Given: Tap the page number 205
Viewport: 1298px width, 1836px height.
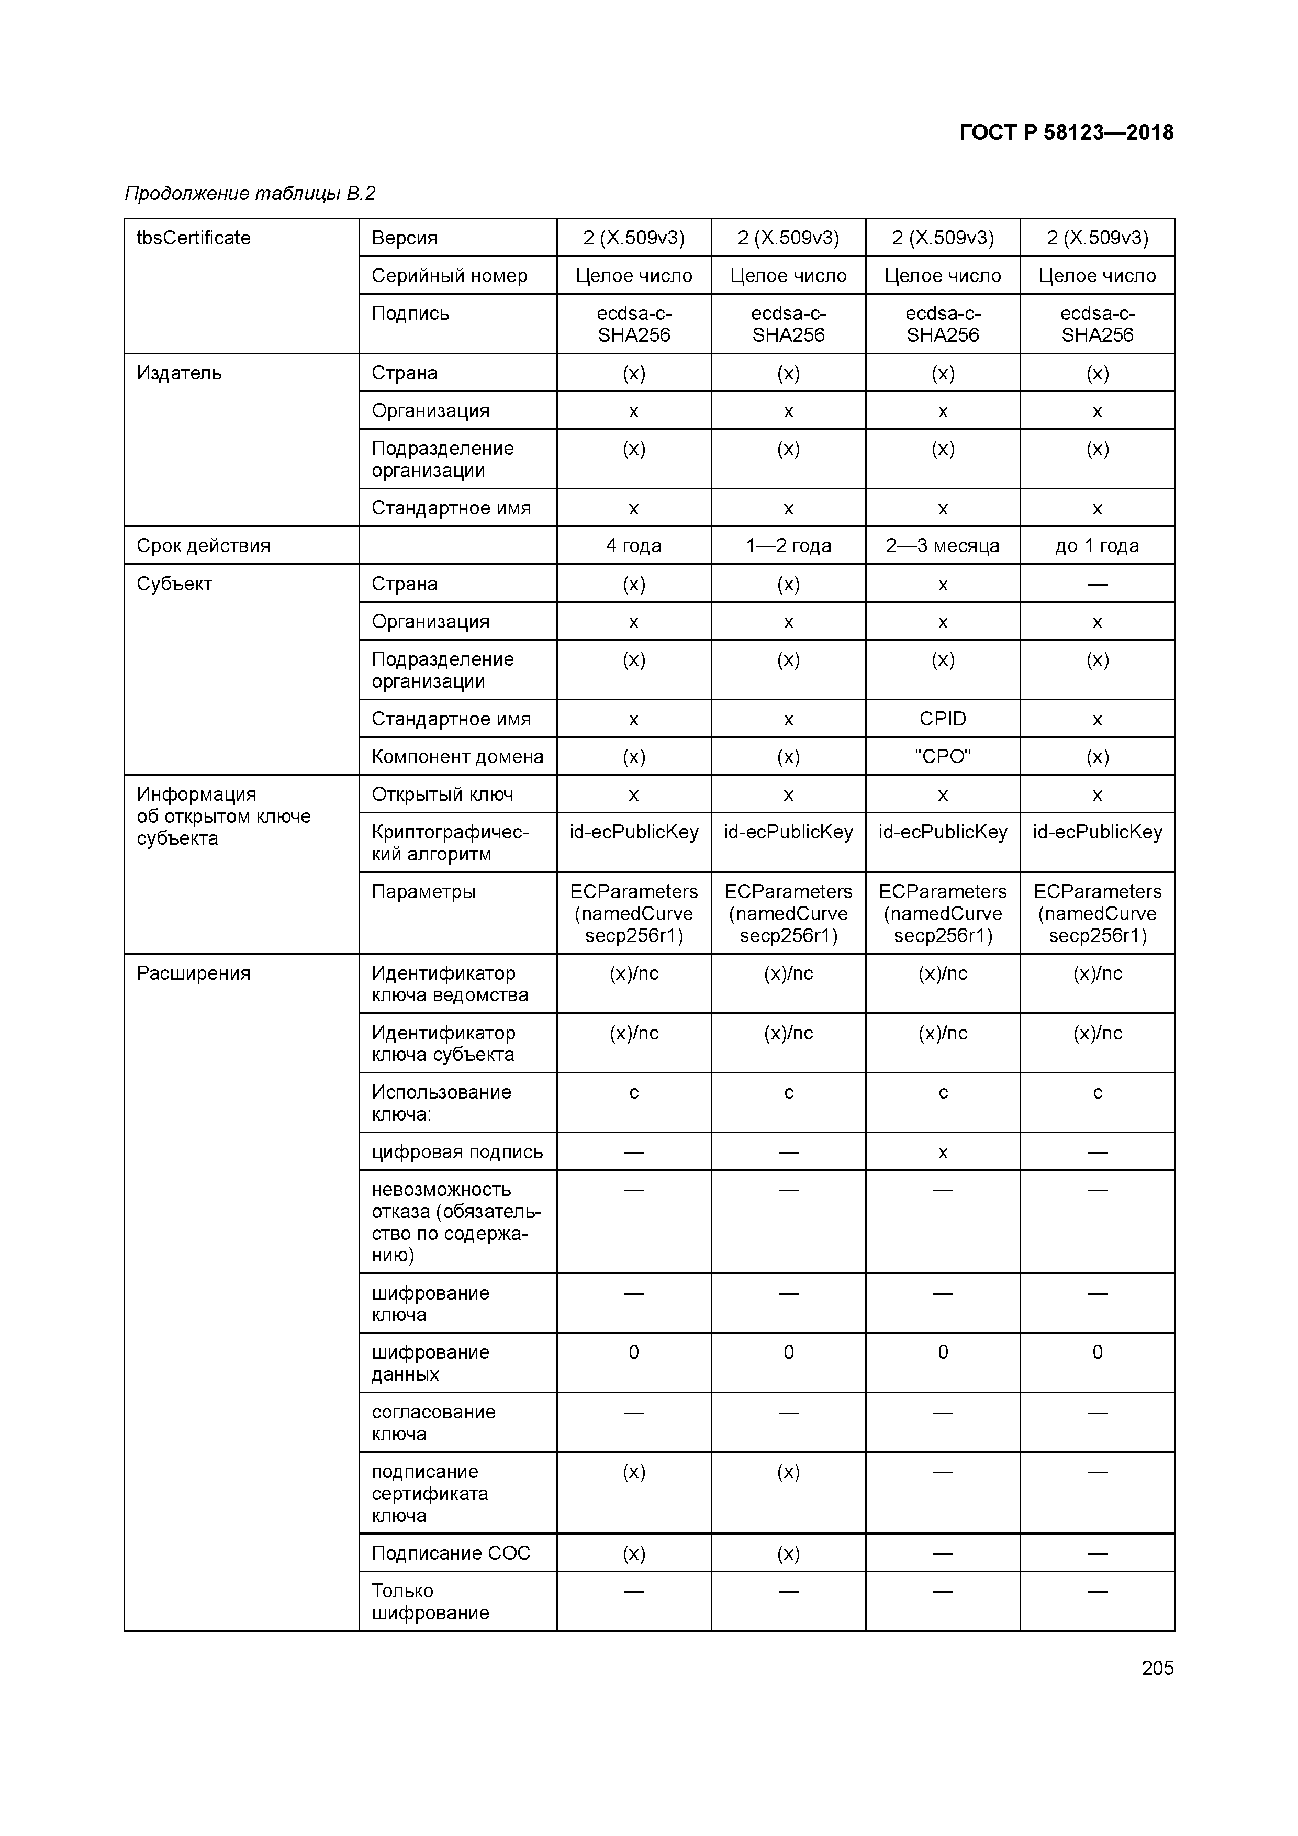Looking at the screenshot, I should (x=1157, y=1667).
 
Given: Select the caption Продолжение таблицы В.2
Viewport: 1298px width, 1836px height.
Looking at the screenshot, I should (x=250, y=194).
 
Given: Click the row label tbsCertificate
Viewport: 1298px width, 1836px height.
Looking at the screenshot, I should (x=194, y=238).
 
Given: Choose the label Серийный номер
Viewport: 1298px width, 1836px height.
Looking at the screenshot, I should (x=450, y=275).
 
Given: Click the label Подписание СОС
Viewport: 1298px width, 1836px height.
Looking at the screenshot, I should (x=450, y=1552).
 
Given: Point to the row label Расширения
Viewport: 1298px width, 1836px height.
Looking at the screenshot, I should (x=194, y=973).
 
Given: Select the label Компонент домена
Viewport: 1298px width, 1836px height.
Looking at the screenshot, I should (x=457, y=756).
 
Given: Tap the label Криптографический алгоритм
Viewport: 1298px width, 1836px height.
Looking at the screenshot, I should (x=450, y=843).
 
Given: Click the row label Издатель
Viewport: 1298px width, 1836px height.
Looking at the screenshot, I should (x=179, y=373).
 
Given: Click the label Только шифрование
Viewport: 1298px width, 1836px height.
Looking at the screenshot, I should (x=430, y=1601).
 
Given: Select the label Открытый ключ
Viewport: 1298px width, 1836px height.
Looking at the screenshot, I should (x=442, y=794).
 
